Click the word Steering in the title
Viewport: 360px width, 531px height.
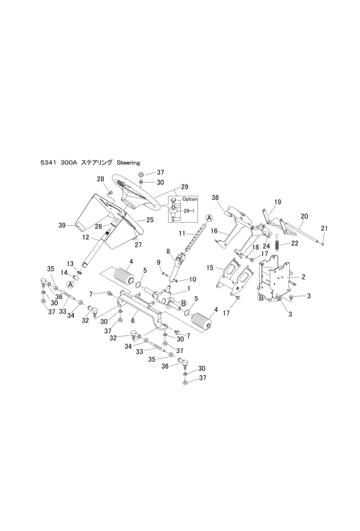tap(128, 163)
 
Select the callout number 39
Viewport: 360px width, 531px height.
tap(62, 225)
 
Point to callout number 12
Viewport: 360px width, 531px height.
tap(86, 237)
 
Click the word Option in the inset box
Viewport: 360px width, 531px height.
tap(189, 199)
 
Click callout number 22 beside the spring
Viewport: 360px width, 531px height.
tap(294, 243)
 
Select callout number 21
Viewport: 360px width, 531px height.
tap(325, 228)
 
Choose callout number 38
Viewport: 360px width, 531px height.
tap(215, 197)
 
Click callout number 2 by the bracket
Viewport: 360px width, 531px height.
tap(303, 277)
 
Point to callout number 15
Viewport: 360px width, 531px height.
tap(210, 268)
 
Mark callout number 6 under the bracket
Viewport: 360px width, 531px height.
tap(133, 320)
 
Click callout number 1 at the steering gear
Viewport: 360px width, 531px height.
tap(189, 288)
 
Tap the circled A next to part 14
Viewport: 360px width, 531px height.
tap(70, 285)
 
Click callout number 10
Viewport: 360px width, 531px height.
tap(193, 280)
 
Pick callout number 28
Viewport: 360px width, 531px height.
tap(100, 179)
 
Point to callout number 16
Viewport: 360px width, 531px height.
tap(214, 231)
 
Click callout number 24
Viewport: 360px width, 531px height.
tap(266, 246)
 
